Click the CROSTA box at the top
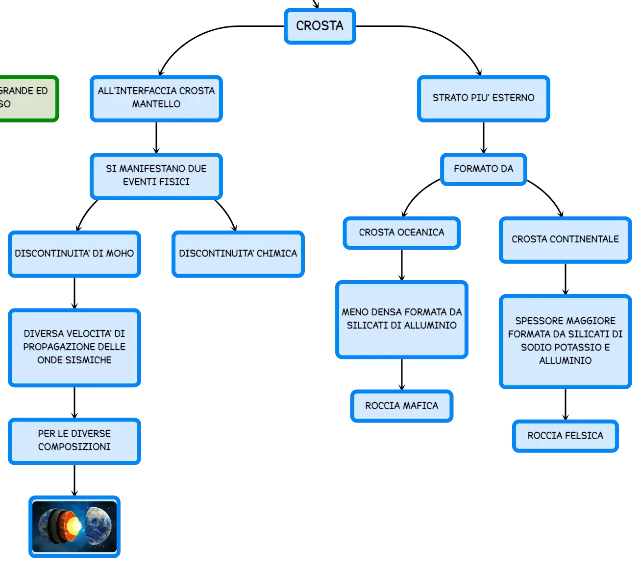[320, 26]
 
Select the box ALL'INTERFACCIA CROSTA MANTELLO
[156, 98]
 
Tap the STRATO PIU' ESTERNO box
[483, 98]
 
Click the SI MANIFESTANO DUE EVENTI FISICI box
[156, 176]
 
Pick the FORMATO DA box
[483, 169]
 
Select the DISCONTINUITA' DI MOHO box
[74, 254]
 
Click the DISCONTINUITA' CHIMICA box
[238, 254]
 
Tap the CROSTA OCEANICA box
[401, 233]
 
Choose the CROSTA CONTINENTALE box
[565, 239]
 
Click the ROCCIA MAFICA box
[401, 405]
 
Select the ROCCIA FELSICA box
[565, 436]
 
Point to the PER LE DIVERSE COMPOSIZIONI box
[74, 441]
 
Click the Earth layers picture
[74, 526]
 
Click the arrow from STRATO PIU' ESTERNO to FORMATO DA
[483, 138]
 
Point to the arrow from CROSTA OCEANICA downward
[401, 265]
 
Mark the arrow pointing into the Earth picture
[74, 480]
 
